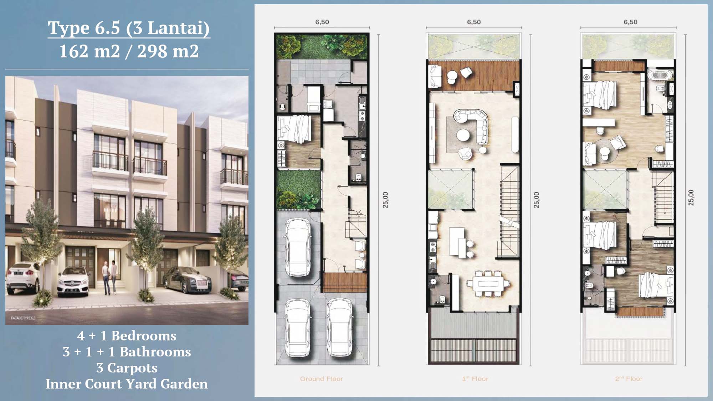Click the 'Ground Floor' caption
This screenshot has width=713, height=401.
321,379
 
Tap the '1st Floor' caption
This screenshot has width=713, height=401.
475,379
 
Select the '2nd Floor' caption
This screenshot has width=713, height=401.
629,379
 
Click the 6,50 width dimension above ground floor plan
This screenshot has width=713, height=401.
322,22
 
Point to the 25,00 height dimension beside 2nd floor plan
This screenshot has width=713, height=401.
691,198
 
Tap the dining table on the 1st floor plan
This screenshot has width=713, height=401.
489,284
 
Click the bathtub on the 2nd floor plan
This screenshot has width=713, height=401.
659,75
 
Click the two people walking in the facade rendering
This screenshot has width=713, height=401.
110,278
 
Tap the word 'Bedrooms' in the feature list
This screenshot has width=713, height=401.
144,336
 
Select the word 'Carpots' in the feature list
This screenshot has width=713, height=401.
132,368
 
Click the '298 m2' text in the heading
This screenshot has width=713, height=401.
168,51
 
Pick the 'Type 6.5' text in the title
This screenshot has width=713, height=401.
84,28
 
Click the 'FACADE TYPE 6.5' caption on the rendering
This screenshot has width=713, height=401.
23,318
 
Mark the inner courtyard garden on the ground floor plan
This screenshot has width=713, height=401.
298,189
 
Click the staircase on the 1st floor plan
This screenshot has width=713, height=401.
509,210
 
